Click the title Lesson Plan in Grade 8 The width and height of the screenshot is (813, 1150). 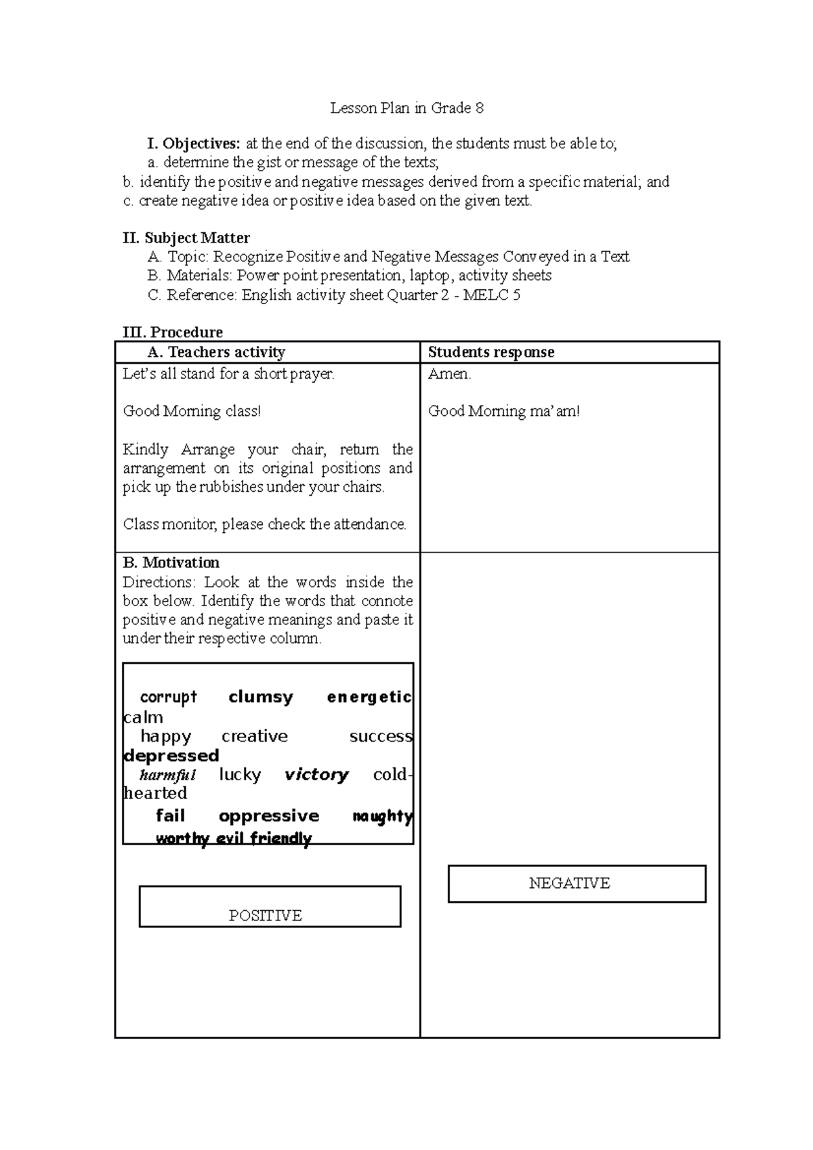(406, 108)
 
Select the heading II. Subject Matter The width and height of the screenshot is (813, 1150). (186, 238)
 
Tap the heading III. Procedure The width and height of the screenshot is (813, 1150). (173, 332)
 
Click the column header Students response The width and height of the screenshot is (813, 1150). (491, 352)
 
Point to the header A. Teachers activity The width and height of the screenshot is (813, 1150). (216, 352)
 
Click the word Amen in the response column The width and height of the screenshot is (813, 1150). (449, 374)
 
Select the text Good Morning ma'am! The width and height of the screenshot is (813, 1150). (503, 411)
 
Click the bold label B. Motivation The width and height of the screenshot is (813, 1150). (171, 563)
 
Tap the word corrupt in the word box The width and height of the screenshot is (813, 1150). (168, 697)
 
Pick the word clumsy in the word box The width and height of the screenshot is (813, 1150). (261, 697)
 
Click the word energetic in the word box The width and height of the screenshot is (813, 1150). (369, 697)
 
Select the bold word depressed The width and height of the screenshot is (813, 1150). (171, 756)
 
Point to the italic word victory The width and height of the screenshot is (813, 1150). (316, 775)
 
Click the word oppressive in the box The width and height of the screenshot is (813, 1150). (269, 816)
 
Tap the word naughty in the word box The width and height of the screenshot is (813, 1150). (383, 816)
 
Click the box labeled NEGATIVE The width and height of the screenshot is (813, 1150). (577, 883)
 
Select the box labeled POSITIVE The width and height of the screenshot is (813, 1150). (270, 906)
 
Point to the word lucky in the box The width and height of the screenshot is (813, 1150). (240, 775)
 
